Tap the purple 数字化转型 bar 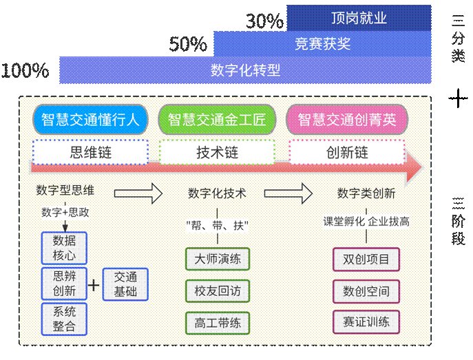[245, 70]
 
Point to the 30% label [264, 22]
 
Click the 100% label [25, 70]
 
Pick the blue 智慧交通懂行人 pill [90, 120]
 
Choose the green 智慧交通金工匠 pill [217, 120]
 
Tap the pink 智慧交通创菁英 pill [346, 120]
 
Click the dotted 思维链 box [90, 151]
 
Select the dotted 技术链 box [217, 151]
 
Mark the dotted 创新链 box [346, 151]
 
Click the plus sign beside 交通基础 [94, 284]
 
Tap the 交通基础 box [125, 284]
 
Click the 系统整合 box [64, 318]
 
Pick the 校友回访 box [217, 290]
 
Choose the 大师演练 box [217, 259]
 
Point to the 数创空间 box [366, 290]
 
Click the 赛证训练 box [366, 321]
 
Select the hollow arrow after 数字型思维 [138, 193]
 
